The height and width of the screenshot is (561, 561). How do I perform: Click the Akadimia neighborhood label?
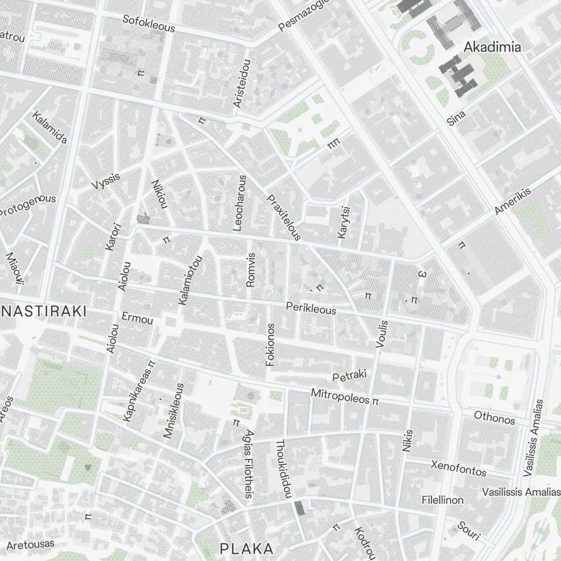pos(492,47)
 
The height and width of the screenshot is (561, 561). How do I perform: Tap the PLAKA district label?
pos(247,548)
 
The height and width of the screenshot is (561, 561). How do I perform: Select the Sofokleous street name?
pos(149,24)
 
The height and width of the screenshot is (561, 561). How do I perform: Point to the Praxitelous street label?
pos(284,218)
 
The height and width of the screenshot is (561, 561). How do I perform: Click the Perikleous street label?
pos(311,309)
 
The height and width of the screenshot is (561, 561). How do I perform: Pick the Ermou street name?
pos(137,319)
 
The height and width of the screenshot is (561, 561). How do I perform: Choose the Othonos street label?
pos(494,418)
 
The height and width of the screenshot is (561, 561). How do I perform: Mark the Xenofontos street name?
pos(458,468)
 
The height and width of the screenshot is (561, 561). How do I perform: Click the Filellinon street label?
pos(443,499)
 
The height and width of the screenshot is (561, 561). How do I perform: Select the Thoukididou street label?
pos(283,468)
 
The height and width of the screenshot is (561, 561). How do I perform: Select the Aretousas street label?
pos(30,544)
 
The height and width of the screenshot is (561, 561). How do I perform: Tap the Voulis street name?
pos(381,335)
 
